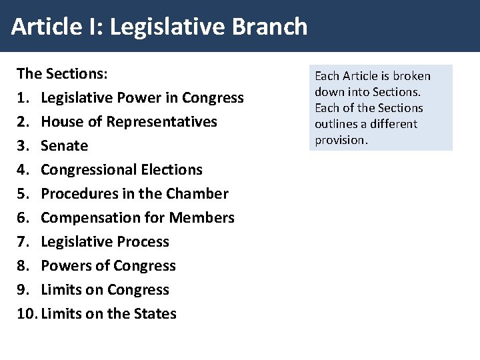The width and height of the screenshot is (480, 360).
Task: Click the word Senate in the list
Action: tap(64, 146)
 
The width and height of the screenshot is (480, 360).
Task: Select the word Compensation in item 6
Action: tap(88, 218)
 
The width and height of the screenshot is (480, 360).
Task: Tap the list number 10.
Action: tap(24, 313)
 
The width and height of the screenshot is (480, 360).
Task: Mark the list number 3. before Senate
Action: tap(22, 146)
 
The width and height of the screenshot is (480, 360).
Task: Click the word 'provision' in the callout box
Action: tap(340, 140)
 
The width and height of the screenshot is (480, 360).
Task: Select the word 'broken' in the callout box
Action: tap(413, 76)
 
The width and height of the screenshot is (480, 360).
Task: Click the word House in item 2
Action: tap(61, 122)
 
